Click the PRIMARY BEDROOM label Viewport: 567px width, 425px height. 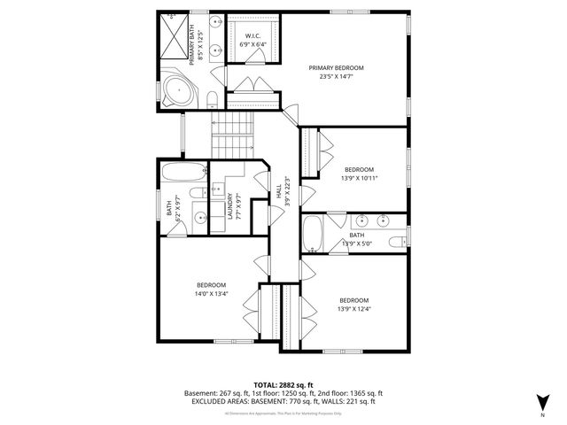336,67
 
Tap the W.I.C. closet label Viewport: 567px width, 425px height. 252,36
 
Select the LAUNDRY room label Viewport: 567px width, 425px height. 229,206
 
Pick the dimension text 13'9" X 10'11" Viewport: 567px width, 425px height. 359,178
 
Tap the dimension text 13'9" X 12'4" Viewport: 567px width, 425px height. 353,308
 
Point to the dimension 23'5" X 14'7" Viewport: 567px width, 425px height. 336,77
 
